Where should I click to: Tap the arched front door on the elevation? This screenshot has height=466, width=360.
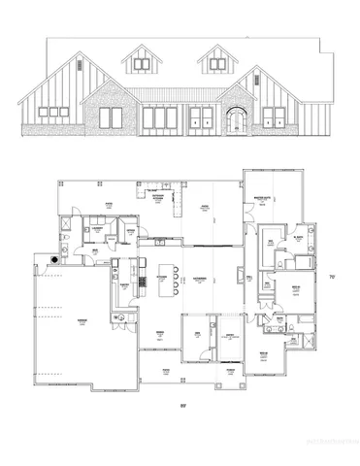click(235, 121)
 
